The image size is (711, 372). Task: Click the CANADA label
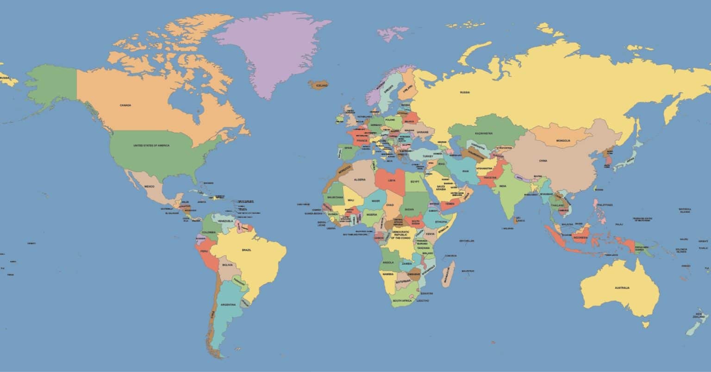125,105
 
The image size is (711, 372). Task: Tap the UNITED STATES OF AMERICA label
151,145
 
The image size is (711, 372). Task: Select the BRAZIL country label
246,250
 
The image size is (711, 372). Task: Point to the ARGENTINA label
228,304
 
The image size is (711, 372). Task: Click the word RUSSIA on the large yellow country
465,92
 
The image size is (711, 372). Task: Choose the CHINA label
543,161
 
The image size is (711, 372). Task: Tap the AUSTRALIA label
622,288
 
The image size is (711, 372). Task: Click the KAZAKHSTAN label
484,133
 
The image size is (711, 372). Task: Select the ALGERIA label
360,179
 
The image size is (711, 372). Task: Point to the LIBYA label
392,180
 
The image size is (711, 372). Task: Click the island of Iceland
318,85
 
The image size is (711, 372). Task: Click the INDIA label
503,186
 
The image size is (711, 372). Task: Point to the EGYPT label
415,181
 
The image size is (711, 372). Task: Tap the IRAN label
466,171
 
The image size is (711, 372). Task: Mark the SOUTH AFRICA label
402,300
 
